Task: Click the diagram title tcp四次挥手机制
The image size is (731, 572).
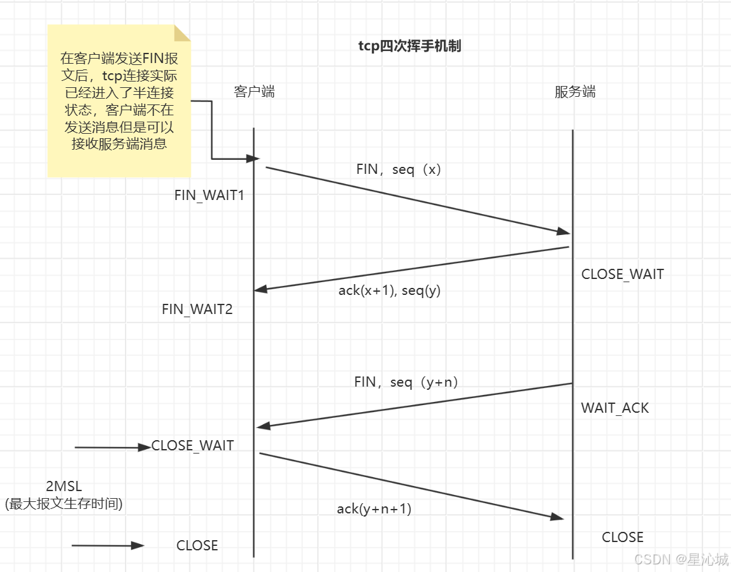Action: coord(409,46)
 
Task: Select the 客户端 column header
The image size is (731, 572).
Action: coord(255,92)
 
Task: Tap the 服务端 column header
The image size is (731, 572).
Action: coord(575,92)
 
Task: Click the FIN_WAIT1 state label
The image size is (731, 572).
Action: coord(209,196)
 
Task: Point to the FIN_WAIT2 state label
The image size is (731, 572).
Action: coord(197,310)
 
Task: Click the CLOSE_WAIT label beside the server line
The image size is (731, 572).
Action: coord(622,275)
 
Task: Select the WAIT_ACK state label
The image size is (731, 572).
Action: coord(614,408)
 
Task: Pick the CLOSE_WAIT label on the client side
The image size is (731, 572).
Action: coord(192,446)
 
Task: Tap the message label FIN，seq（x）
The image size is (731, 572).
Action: coord(399,170)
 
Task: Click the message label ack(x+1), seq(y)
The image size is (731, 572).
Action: coord(389,290)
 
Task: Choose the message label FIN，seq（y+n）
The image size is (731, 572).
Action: coord(406,382)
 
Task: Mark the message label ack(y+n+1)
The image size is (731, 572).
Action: coord(374,509)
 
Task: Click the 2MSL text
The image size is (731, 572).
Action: coord(64,487)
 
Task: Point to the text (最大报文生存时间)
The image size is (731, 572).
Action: coord(64,504)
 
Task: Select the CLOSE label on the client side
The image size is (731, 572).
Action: coord(197,545)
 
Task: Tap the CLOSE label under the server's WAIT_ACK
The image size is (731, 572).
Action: coord(622,537)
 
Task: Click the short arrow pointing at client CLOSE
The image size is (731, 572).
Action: coord(108,545)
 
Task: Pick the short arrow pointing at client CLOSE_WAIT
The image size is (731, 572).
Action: coord(112,448)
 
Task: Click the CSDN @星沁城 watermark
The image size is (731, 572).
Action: coord(681,559)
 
